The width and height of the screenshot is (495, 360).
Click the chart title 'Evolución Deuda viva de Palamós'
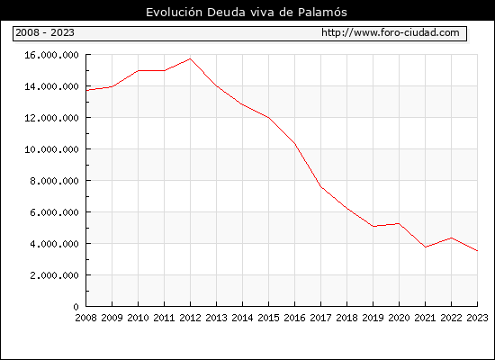pyautogui.click(x=247, y=13)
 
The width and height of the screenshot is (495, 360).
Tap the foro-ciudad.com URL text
pyautogui.click(x=391, y=32)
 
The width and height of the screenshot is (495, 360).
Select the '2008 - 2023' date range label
pyautogui.click(x=45, y=32)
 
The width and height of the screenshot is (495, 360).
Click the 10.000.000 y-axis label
pyautogui.click(x=51, y=149)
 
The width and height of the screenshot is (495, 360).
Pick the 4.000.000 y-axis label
pyautogui.click(x=54, y=244)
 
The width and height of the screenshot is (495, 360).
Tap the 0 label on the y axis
pyautogui.click(x=76, y=307)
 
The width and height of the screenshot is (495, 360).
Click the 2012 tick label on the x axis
pyautogui.click(x=190, y=318)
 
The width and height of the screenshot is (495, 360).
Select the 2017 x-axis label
pyautogui.click(x=320, y=318)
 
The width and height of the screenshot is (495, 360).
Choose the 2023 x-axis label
pyautogui.click(x=477, y=318)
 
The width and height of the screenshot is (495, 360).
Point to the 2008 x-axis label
pyautogui.click(x=85, y=318)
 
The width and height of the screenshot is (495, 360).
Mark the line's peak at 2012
pyautogui.click(x=190, y=58)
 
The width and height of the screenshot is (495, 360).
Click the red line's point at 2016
pyautogui.click(x=295, y=144)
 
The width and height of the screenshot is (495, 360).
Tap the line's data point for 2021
pyautogui.click(x=425, y=247)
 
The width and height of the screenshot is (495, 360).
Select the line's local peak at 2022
pyautogui.click(x=452, y=238)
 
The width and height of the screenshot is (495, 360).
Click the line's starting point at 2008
pyautogui.click(x=86, y=90)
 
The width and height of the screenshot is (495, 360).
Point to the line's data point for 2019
pyautogui.click(x=373, y=226)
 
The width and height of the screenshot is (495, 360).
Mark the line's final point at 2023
pyautogui.click(x=477, y=251)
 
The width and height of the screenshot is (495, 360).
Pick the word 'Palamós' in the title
pyautogui.click(x=322, y=13)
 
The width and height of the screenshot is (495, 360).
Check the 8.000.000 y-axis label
pyautogui.click(x=54, y=181)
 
